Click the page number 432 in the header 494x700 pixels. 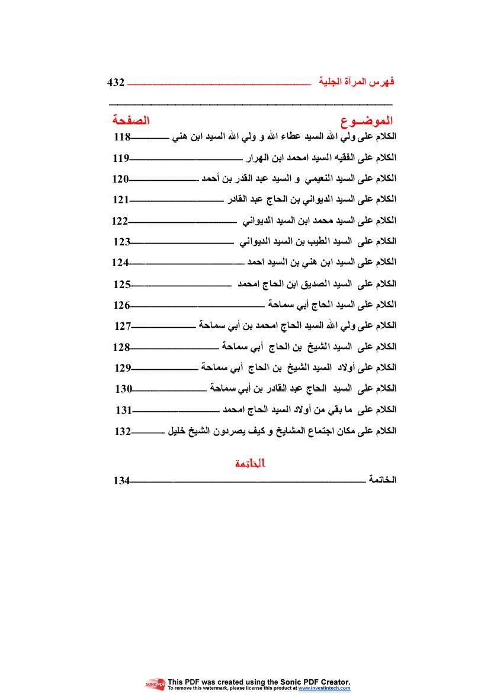116,82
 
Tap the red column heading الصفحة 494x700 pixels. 131,121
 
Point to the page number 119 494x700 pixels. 121,158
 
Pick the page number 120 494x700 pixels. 121,179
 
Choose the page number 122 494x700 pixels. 120,221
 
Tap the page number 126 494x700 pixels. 122,305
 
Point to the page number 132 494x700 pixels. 123,432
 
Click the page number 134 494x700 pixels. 121,481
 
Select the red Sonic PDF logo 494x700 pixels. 156,685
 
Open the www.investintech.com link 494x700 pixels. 324,689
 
